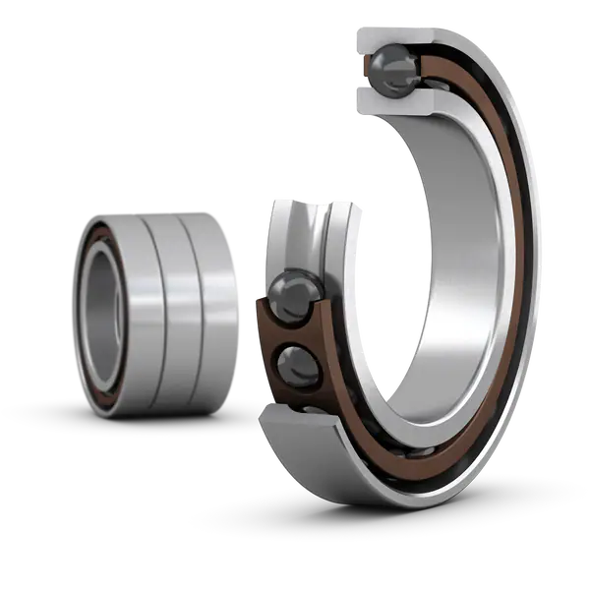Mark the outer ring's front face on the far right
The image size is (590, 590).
539,285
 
